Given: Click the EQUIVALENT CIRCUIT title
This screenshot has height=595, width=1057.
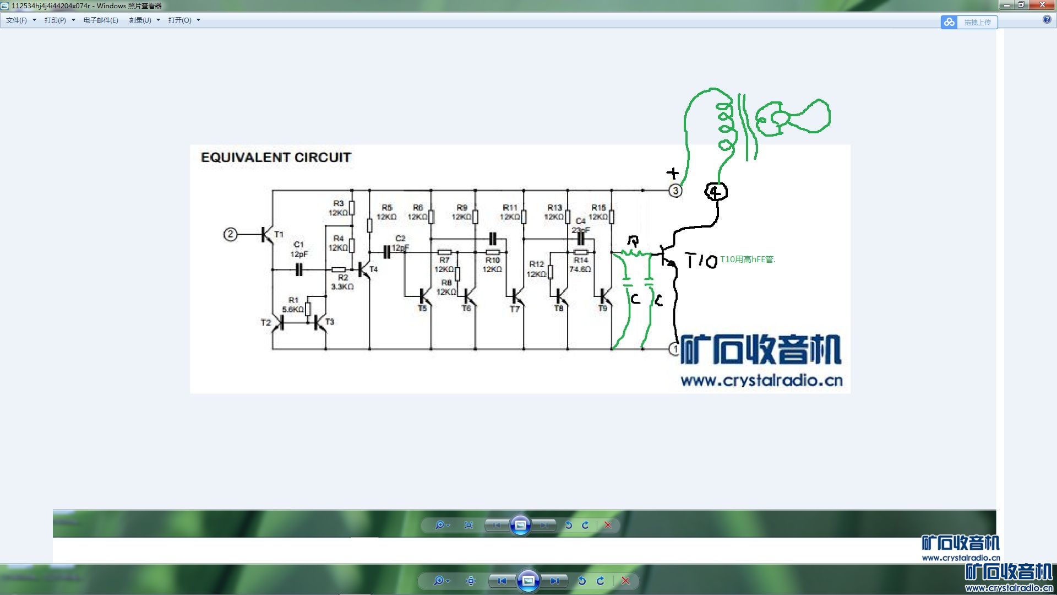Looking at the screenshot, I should point(276,158).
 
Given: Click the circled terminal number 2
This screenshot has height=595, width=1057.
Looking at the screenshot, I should point(230,235).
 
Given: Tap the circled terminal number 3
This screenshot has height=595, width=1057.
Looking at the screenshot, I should point(675,191).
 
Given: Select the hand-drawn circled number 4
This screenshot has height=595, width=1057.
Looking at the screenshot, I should point(716,192).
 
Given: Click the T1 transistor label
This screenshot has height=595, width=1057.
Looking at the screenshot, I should point(279,234).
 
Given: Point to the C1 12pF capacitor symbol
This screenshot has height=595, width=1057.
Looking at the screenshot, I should point(299,269).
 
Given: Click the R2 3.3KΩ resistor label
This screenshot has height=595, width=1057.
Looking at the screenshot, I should point(342,282).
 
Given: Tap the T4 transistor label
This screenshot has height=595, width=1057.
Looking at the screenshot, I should point(374,269).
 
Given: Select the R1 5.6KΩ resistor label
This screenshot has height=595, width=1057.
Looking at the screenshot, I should point(293,305).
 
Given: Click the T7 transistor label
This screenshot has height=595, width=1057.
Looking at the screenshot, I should point(515,310).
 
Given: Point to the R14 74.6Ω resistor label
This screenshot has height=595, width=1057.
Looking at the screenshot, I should point(580,264).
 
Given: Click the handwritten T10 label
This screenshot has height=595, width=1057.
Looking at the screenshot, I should point(701,260).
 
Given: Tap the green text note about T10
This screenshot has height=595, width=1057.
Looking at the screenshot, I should point(748,259).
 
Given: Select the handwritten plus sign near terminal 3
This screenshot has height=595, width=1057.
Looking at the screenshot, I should point(673,173).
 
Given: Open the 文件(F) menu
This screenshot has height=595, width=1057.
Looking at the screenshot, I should point(20,20).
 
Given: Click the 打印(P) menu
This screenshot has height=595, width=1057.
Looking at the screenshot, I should point(59,20).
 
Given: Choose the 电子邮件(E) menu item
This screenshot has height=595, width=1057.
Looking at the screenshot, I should point(101,20).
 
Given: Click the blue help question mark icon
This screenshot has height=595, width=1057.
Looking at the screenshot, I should point(1047,20).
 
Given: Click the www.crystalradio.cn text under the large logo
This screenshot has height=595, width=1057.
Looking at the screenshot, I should point(761,381).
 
